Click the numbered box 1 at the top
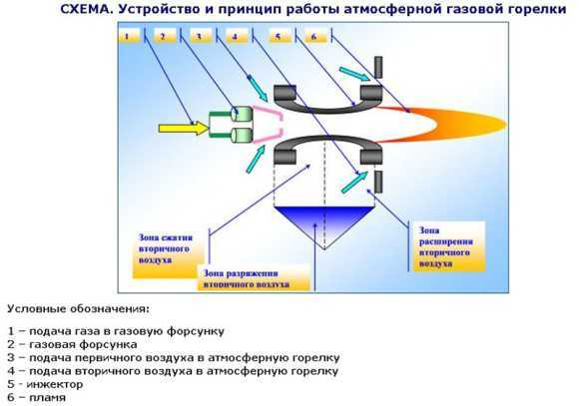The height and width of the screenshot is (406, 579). [x=129, y=36]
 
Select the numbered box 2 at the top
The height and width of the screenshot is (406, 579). [x=165, y=36]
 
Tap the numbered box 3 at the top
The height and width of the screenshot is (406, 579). [x=201, y=36]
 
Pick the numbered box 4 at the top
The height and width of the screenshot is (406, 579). [x=237, y=36]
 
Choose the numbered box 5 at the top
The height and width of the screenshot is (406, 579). [x=280, y=36]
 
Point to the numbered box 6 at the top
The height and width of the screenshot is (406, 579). [x=315, y=36]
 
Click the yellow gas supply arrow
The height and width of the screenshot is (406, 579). [x=184, y=128]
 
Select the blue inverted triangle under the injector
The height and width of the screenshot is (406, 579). [x=324, y=225]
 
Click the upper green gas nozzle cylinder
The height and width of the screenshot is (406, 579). [x=243, y=114]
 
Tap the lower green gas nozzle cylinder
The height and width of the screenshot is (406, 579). [x=243, y=135]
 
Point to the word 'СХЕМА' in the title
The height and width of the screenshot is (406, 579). [x=85, y=9]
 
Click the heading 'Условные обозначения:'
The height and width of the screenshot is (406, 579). [x=79, y=308]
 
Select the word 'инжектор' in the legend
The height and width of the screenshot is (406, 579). [x=55, y=384]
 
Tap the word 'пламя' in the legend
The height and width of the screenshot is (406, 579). [x=47, y=398]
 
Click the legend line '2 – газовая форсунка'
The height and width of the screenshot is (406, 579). [x=72, y=344]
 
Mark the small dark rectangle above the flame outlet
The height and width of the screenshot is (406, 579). [x=378, y=67]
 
